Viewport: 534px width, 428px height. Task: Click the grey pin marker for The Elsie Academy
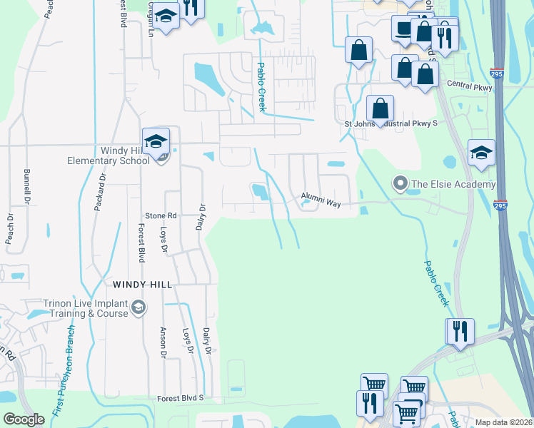coord(400,185)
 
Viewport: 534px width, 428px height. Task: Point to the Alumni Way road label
coord(321,199)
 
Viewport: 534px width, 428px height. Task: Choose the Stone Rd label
coord(161,215)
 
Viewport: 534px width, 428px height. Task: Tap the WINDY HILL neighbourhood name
coord(143,284)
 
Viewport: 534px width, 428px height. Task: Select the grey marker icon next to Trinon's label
coord(138,308)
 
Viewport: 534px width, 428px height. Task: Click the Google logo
coord(24,419)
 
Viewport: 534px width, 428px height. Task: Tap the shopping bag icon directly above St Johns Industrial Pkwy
coord(381,108)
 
